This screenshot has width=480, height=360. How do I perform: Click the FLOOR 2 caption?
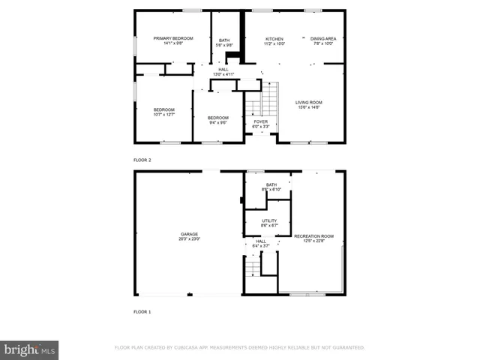(x=142, y=160)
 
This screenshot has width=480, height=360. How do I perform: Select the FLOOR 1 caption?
(x=142, y=310)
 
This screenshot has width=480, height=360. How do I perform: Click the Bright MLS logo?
(x=30, y=349)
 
